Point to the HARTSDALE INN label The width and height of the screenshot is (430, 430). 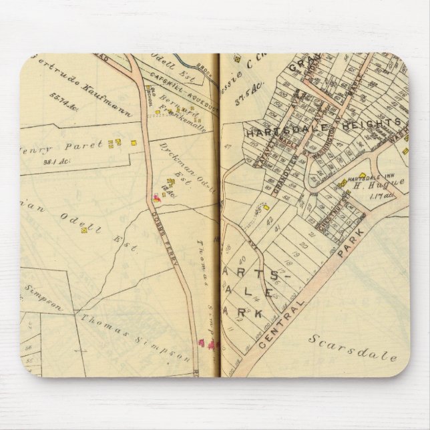[x=367, y=179]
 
